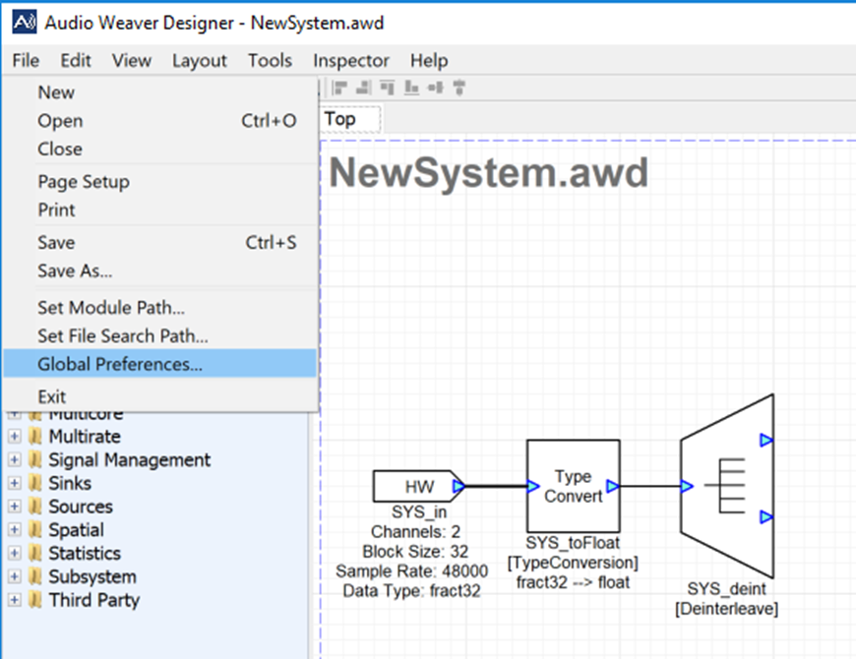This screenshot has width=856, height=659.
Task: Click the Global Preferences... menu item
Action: pos(120,364)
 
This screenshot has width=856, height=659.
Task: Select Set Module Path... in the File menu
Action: pos(111,308)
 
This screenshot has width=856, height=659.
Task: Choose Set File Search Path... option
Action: pos(123,335)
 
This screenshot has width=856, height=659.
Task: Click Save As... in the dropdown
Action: pos(75,270)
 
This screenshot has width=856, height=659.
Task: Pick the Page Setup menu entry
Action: pos(84,182)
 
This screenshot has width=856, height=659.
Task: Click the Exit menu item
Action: pos(52,396)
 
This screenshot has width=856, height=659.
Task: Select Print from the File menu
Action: pos(57,210)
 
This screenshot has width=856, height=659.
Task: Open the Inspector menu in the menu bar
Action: pos(351,61)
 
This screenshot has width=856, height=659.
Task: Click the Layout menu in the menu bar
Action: pos(200,61)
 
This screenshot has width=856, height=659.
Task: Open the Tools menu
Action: pos(270,61)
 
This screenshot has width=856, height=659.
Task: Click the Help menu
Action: pos(429,61)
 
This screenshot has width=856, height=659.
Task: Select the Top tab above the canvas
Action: pos(340,119)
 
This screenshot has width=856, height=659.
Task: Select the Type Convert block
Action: pos(573,486)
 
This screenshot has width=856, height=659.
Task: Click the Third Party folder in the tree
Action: pos(93,600)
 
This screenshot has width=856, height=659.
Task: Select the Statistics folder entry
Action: pos(85,553)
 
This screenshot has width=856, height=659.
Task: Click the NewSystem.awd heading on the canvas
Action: pos(489,173)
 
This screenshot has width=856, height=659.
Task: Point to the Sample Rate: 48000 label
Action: pos(411,571)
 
